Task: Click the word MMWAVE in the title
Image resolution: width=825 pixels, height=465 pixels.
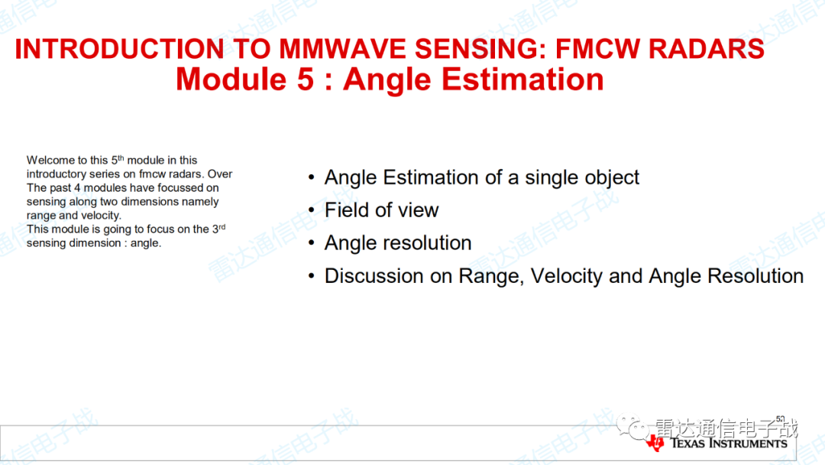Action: pyautogui.click(x=342, y=49)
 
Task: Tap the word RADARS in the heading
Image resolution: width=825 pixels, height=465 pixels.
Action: pyautogui.click(x=706, y=49)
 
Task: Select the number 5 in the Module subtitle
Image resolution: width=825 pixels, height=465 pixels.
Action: pyautogui.click(x=305, y=80)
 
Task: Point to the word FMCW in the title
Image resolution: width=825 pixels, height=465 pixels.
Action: pyautogui.click(x=597, y=49)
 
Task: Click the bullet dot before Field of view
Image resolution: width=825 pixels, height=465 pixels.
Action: pyautogui.click(x=312, y=210)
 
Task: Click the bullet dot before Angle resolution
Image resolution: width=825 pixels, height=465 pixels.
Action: pyautogui.click(x=312, y=242)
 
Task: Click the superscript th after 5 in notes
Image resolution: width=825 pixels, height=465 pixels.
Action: pyautogui.click(x=121, y=158)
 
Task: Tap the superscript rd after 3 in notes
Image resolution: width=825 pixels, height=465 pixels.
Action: pyautogui.click(x=222, y=226)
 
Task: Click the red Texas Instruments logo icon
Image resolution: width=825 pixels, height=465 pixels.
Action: pyautogui.click(x=655, y=443)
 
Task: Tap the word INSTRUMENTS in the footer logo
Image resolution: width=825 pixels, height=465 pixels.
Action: pyautogui.click(x=749, y=443)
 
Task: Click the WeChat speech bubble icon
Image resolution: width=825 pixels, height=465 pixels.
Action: pyautogui.click(x=632, y=427)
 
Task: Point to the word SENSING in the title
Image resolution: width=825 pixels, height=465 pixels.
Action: pyautogui.click(x=480, y=49)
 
